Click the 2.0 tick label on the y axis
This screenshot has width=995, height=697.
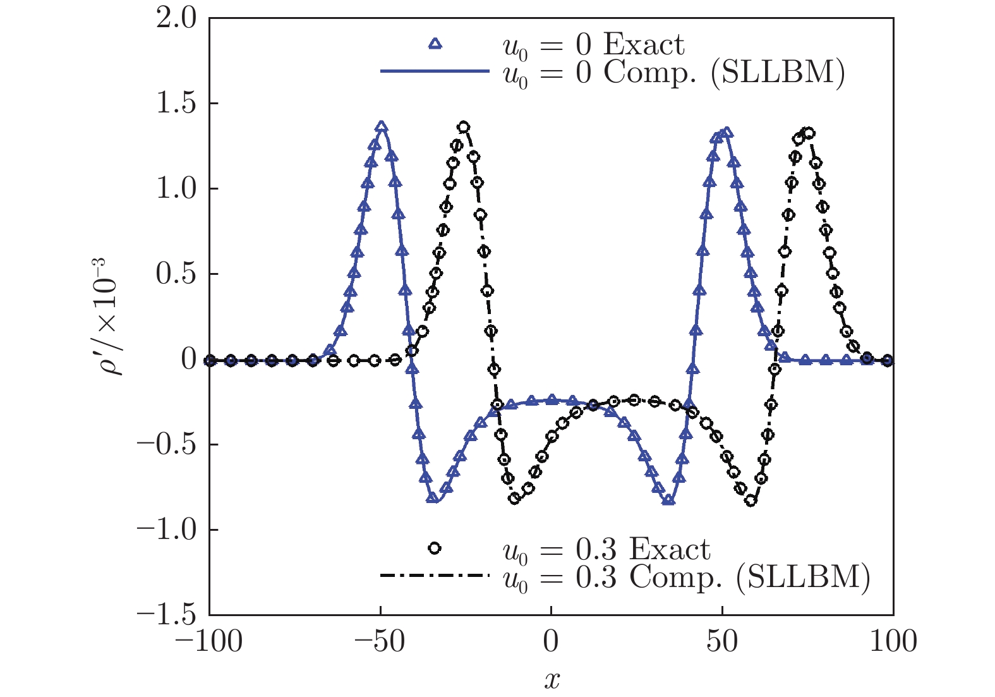coord(176,19)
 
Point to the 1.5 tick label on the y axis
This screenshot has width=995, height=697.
coord(176,104)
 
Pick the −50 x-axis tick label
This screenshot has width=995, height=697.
coord(379,642)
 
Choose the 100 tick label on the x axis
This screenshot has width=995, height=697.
coord(893,642)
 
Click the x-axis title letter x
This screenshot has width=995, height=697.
coord(552,680)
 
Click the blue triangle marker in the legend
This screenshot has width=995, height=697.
coord(435,44)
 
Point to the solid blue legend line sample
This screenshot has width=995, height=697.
coord(435,71)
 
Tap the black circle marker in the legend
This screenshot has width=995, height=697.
coord(435,548)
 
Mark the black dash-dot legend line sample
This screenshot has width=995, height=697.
coord(435,575)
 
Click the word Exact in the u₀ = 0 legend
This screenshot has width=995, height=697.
coord(643,45)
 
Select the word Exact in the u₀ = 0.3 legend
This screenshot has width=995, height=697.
coord(670,549)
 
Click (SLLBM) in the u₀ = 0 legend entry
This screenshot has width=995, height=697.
coord(778,73)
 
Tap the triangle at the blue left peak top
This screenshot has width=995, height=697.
coord(381,127)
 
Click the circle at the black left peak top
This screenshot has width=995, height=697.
coord(464,128)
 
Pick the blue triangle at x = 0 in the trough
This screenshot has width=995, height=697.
coord(552,399)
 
